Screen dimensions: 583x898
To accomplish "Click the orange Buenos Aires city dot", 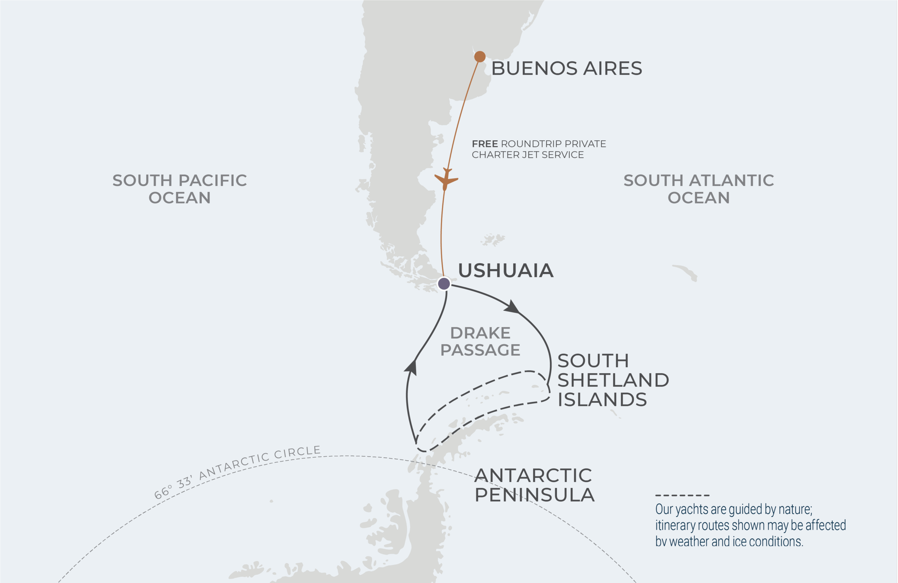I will [x=480, y=56].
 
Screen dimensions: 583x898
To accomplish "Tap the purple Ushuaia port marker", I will [x=444, y=283].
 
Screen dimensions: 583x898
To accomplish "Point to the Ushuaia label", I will [x=505, y=270].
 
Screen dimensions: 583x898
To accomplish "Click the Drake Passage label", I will [x=480, y=342].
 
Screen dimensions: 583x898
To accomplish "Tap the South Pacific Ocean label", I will [x=180, y=189].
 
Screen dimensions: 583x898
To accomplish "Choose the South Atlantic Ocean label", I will [x=698, y=189].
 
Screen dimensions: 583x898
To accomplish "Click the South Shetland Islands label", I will [x=613, y=380].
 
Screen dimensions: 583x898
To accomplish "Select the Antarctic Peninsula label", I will [x=534, y=485].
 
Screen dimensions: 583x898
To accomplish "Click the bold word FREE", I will [x=485, y=144].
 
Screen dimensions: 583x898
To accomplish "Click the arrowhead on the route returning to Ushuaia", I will [x=411, y=367].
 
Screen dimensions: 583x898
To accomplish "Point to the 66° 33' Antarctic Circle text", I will [x=237, y=471].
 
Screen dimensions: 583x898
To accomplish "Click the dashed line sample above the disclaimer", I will [x=682, y=495].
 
